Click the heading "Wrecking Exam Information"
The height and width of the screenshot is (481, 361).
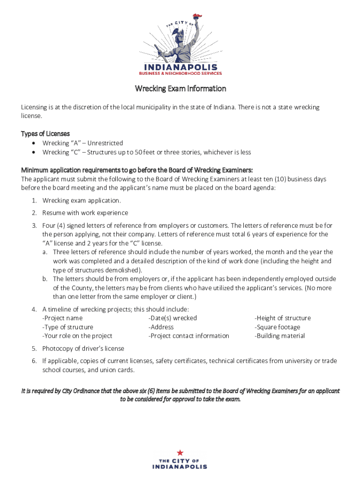(x=180, y=89)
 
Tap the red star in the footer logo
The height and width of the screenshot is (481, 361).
(x=180, y=452)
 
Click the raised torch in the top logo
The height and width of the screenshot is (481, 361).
(x=200, y=16)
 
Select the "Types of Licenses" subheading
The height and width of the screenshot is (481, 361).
(x=45, y=134)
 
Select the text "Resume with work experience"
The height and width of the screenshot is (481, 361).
(x=85, y=213)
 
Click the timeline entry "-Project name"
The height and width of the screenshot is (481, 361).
(x=62, y=318)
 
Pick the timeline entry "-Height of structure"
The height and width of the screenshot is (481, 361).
(x=282, y=318)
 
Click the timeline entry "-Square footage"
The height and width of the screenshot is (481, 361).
(x=277, y=327)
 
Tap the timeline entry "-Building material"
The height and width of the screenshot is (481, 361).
(x=279, y=336)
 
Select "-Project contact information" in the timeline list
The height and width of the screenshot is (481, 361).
(x=188, y=336)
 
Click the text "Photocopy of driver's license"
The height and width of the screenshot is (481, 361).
(x=83, y=349)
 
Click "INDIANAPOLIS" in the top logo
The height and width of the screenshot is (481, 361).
(x=180, y=66)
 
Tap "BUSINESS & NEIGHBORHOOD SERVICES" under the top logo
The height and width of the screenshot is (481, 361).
(x=180, y=73)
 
